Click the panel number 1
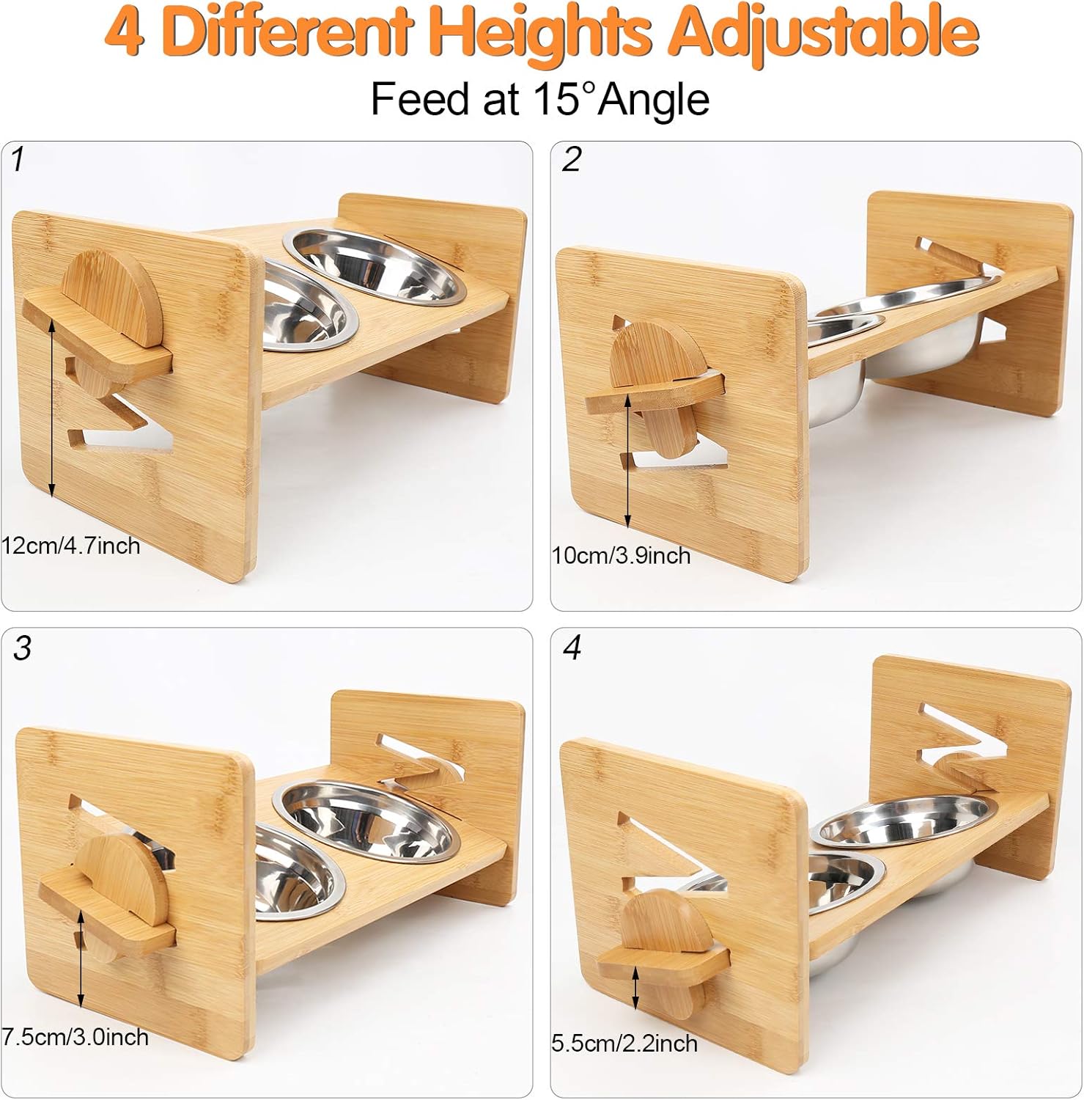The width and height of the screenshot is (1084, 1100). pos(18,159)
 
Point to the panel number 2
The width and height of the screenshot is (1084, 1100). pos(572,159)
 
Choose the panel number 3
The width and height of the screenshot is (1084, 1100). pos(23,648)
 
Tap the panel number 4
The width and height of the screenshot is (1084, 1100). pos(572,648)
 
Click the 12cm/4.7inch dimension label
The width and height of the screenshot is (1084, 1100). pos(70,546)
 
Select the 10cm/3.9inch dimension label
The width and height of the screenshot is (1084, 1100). pos(621,555)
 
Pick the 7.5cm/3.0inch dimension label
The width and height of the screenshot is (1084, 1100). pos(75,1037)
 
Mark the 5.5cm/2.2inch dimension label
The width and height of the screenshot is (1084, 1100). pos(624,1044)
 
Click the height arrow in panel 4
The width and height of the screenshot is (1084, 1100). pos(635,986)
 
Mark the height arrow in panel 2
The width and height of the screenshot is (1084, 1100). pos(627,461)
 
